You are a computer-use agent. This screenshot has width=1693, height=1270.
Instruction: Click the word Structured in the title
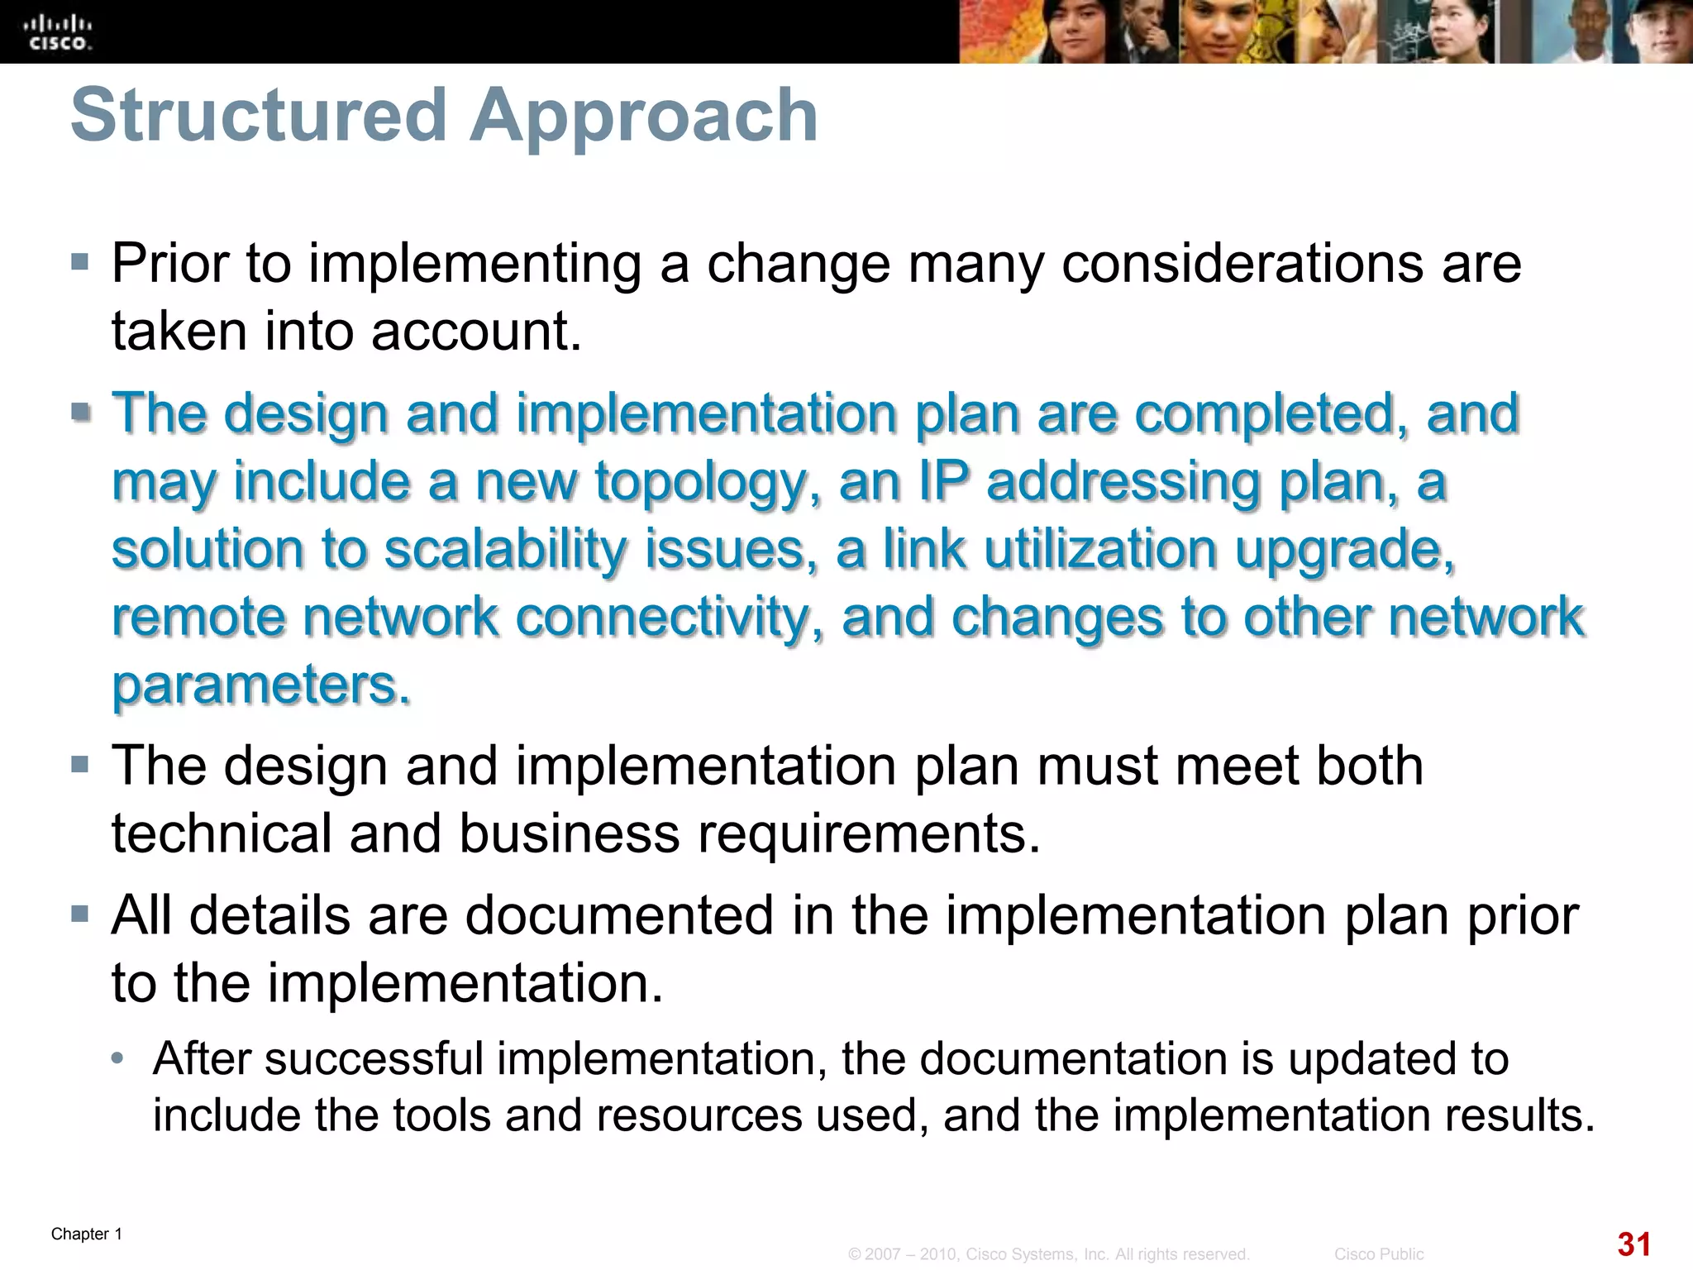tap(259, 116)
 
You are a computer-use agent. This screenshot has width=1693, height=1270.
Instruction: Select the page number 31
tap(1633, 1244)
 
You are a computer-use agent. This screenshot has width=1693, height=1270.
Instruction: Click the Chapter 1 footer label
tap(87, 1234)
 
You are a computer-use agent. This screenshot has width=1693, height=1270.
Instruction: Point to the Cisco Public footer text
tap(1378, 1254)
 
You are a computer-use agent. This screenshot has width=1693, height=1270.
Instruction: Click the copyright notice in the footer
tap(1048, 1254)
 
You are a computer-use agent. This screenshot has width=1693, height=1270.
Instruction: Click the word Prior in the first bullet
tap(168, 264)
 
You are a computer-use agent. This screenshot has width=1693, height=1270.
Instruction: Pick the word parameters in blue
tap(261, 685)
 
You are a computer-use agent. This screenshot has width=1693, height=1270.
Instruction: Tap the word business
tap(570, 833)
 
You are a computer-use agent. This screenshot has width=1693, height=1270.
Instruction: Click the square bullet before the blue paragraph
tap(80, 412)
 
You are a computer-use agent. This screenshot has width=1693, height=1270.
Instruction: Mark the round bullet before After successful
tap(119, 1058)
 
